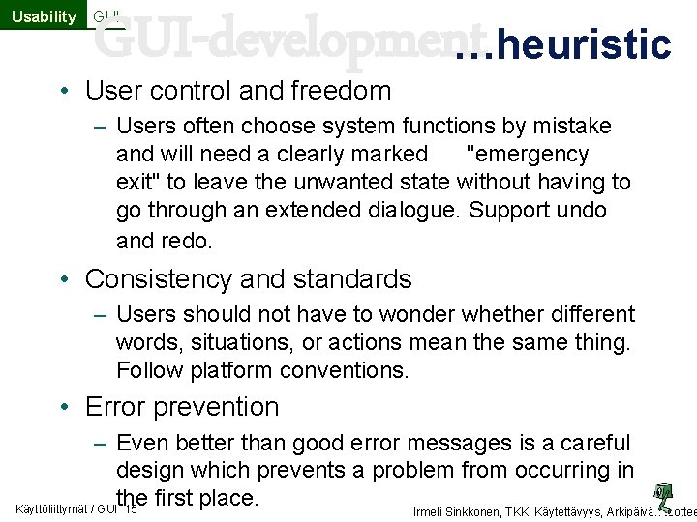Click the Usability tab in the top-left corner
coord(43,15)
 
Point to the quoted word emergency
coord(528,154)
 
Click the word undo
coord(580,210)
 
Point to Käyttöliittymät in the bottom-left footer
coord(53,507)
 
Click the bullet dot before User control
coord(62,92)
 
